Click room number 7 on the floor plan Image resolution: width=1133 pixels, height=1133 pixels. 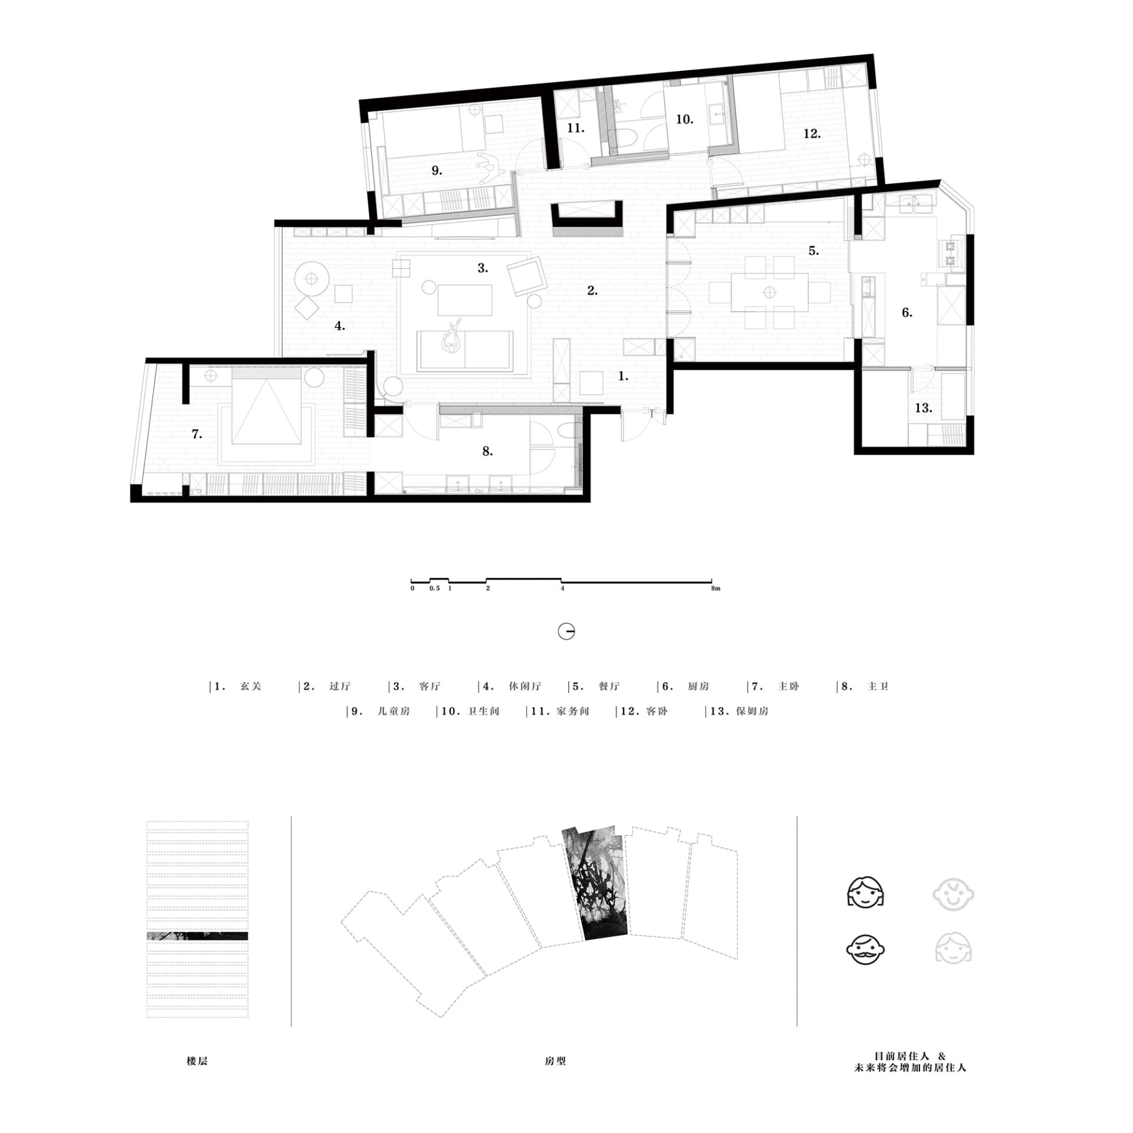[x=197, y=434]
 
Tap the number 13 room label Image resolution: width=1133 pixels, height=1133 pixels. [x=924, y=408]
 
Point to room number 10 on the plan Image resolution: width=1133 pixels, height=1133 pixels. [x=685, y=119]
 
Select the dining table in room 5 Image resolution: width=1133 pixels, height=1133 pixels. [x=769, y=292]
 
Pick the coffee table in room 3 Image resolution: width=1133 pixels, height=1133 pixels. [x=465, y=300]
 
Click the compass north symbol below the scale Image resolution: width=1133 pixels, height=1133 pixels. [x=566, y=631]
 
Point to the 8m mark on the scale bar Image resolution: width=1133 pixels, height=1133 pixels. [x=716, y=588]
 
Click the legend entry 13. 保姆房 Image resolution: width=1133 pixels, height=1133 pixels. [x=739, y=711]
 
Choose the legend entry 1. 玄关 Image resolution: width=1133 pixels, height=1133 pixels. [x=237, y=686]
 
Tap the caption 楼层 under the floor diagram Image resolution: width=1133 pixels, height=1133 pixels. [x=197, y=1061]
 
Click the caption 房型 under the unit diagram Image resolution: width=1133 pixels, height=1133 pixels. [x=555, y=1061]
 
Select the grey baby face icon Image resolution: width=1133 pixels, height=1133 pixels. [x=953, y=895]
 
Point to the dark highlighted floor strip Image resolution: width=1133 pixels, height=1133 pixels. [x=197, y=936]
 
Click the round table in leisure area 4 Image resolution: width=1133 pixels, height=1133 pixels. [x=311, y=277]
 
